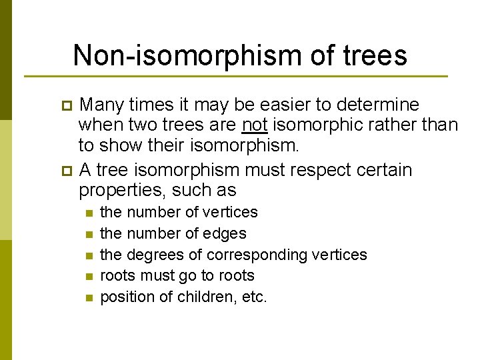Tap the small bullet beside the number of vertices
click(x=87, y=213)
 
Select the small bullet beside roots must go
click(x=87, y=277)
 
